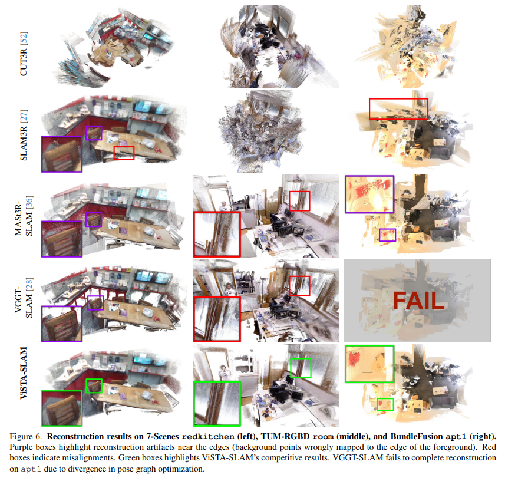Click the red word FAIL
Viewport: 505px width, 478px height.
(418, 301)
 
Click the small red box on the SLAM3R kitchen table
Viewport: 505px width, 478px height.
(124, 153)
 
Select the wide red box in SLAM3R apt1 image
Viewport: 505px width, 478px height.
(398, 108)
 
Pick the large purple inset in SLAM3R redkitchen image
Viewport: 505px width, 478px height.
(61, 154)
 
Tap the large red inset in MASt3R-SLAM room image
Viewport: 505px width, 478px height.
(217, 234)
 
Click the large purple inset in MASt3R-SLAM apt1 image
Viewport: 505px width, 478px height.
(369, 194)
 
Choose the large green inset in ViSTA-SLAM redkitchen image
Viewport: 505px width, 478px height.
(61, 408)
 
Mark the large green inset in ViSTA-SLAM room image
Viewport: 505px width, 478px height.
(217, 403)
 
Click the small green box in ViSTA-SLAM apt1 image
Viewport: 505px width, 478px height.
(385, 404)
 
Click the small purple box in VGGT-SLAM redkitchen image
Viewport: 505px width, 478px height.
(95, 303)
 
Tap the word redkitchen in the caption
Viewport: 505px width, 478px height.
(202, 437)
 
